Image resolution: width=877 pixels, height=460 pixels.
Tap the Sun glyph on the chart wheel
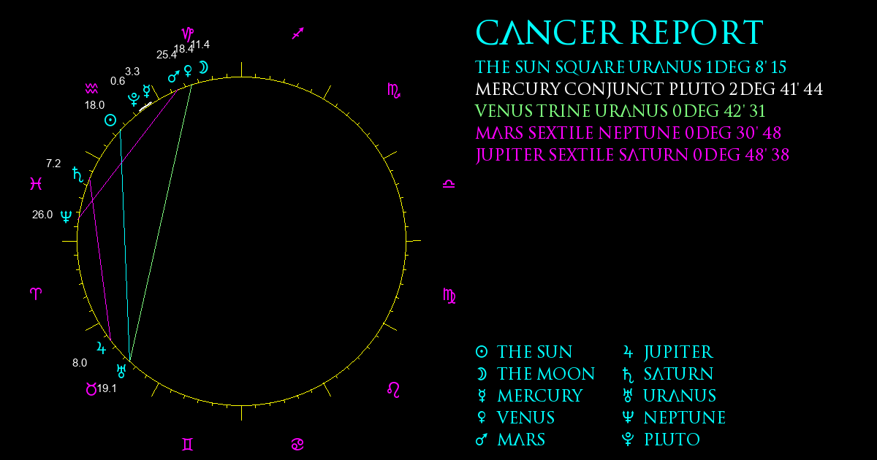tap(110, 120)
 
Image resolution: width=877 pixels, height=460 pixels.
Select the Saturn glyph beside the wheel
tap(78, 175)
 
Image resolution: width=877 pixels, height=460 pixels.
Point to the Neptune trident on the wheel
tap(67, 216)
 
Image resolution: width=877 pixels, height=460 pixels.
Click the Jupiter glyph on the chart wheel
tap(102, 348)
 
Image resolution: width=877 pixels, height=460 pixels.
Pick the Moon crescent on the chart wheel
tap(204, 67)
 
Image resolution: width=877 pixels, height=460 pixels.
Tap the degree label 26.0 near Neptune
tap(42, 215)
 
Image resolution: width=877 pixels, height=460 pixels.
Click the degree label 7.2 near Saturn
tap(53, 164)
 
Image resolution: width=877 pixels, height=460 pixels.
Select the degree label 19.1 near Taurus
tap(107, 388)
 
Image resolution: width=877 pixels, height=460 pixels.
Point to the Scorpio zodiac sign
tap(394, 91)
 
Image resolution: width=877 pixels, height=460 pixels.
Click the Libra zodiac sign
tap(449, 184)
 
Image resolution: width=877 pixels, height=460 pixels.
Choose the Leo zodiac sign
tap(394, 390)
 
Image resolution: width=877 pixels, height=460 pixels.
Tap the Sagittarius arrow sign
tap(298, 34)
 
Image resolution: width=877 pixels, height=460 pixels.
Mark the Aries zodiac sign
tap(36, 294)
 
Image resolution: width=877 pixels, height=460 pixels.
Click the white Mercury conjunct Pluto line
tap(145, 107)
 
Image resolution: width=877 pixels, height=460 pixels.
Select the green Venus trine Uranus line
tap(161, 222)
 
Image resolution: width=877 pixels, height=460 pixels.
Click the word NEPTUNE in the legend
tap(685, 418)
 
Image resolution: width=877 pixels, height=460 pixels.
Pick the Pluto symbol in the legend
tap(628, 440)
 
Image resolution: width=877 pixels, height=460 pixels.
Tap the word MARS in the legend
tap(521, 440)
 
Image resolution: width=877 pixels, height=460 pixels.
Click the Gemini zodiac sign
tap(188, 445)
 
